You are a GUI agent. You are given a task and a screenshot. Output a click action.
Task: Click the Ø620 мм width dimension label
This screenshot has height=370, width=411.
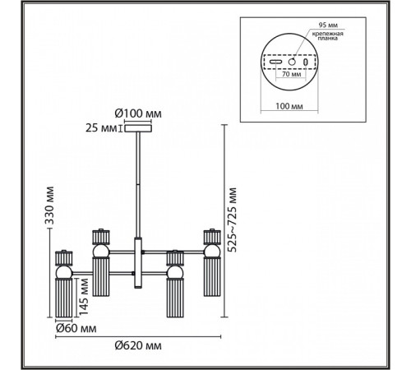pyautogui.click(x=138, y=345)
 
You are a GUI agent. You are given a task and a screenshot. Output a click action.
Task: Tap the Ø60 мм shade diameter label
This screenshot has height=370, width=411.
pyautogui.click(x=76, y=328)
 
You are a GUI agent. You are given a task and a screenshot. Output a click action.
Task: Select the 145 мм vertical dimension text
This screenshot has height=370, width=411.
pyautogui.click(x=83, y=297)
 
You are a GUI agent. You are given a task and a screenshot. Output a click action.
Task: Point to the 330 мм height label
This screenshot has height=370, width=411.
pyautogui.click(x=49, y=206)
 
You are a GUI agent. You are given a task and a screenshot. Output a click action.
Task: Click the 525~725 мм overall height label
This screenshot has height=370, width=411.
pyautogui.click(x=232, y=220)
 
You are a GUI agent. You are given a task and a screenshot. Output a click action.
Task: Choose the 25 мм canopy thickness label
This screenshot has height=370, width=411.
pyautogui.click(x=101, y=128)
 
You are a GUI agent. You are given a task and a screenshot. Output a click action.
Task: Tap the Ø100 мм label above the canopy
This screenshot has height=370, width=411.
pyautogui.click(x=138, y=113)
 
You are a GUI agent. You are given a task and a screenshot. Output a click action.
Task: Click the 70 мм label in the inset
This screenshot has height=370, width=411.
pyautogui.click(x=292, y=74)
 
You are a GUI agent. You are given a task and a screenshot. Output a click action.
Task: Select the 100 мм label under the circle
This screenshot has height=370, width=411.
pyautogui.click(x=289, y=106)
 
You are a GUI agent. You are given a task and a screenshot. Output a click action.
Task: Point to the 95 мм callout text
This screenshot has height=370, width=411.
pyautogui.click(x=328, y=25)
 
